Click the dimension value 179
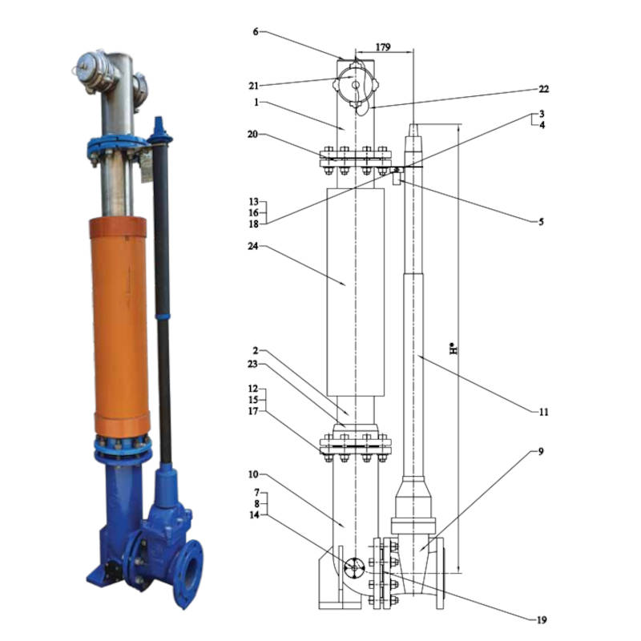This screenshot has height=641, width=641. click(383, 47)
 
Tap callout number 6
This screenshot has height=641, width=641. click(256, 31)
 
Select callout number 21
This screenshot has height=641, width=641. click(253, 86)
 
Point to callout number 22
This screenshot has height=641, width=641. click(543, 89)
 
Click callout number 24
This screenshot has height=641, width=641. click(253, 246)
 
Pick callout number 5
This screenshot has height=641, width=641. click(542, 222)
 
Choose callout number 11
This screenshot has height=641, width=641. click(543, 412)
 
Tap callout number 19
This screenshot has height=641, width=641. click(542, 620)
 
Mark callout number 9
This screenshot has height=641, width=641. click(541, 452)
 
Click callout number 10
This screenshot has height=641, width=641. click(253, 474)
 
